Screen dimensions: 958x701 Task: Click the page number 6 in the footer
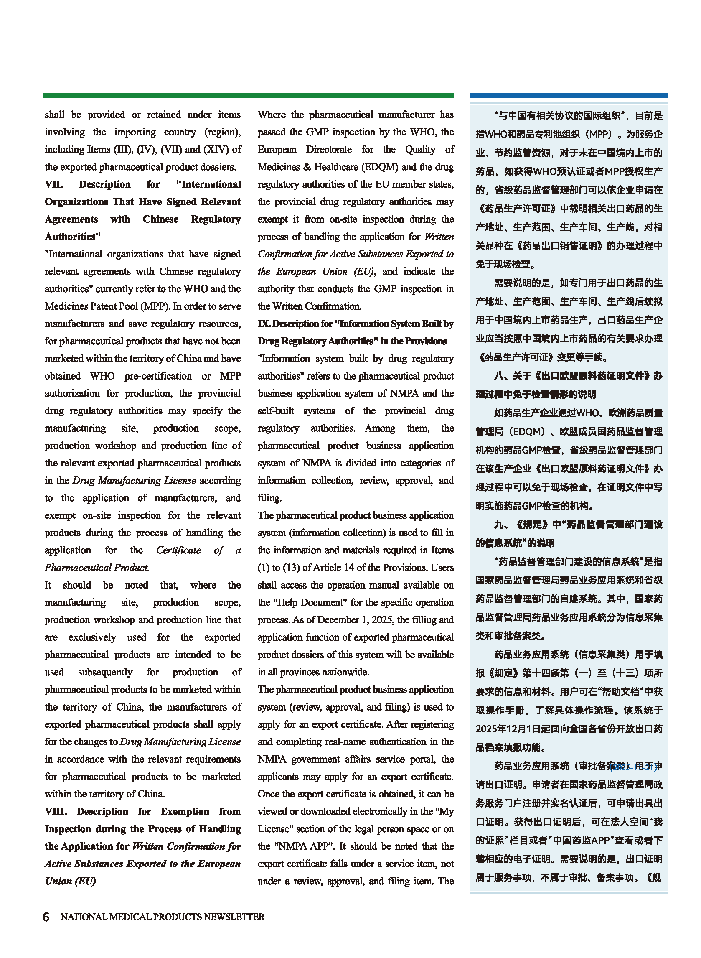[46, 917]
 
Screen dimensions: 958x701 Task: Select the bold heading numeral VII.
[54, 184]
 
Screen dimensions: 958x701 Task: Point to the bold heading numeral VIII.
[56, 812]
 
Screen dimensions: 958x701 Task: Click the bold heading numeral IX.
[263, 324]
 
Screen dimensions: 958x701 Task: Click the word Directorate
[329, 149]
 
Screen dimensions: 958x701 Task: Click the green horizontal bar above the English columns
[248, 97]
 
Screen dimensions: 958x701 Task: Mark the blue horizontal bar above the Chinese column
[569, 97]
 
